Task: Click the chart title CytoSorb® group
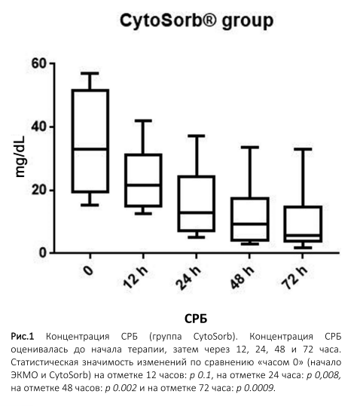pyautogui.click(x=197, y=21)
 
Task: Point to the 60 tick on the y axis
pyautogui.click(x=39, y=63)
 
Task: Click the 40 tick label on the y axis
pyautogui.click(x=39, y=127)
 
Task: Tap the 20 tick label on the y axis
pyautogui.click(x=39, y=191)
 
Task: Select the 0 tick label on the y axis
pyautogui.click(x=43, y=253)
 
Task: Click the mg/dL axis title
pyautogui.click(x=20, y=157)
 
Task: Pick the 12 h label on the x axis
pyautogui.click(x=136, y=276)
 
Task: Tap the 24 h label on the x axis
pyautogui.click(x=188, y=277)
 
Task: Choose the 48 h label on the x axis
pyautogui.click(x=242, y=276)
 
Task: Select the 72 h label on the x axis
pyautogui.click(x=294, y=276)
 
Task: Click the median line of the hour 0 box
pyautogui.click(x=90, y=149)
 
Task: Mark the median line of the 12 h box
pyautogui.click(x=143, y=185)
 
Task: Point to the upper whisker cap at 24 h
pyautogui.click(x=196, y=136)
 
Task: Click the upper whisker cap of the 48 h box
pyautogui.click(x=250, y=148)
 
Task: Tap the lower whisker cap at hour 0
pyautogui.click(x=90, y=205)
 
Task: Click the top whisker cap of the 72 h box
pyautogui.click(x=303, y=149)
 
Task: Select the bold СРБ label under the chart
pyautogui.click(x=196, y=319)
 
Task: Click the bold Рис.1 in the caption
pyautogui.click(x=23, y=337)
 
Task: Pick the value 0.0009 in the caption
pyautogui.click(x=258, y=388)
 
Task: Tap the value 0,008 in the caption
pyautogui.click(x=328, y=375)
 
